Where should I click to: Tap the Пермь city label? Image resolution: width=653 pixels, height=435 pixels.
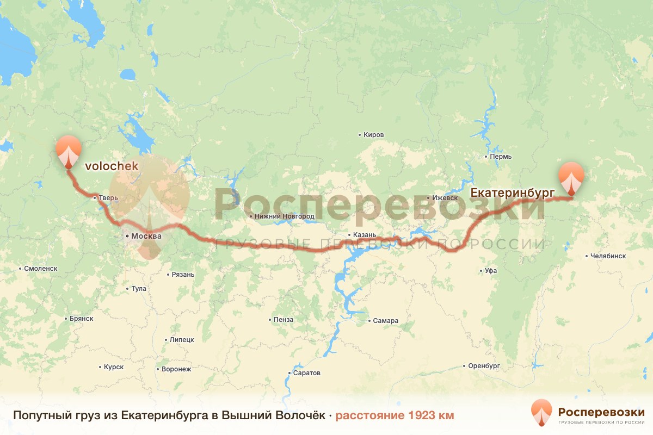(501, 157)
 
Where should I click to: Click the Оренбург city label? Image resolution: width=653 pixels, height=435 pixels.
(484, 366)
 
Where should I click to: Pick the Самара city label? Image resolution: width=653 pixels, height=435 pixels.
(385, 321)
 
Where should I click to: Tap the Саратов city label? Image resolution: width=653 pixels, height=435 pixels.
(306, 373)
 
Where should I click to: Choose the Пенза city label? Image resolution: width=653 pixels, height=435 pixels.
(284, 320)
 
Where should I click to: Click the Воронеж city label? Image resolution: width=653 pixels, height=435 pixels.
(176, 369)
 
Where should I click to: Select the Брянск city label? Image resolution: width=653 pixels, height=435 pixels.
(82, 319)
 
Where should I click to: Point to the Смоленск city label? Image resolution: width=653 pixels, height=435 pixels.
(41, 269)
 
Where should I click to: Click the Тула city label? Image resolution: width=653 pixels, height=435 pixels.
(138, 289)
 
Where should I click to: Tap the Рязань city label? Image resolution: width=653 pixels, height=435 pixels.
(182, 275)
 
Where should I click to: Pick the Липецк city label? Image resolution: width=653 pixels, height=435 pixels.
(182, 340)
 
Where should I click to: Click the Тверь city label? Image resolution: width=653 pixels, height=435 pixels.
(106, 198)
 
